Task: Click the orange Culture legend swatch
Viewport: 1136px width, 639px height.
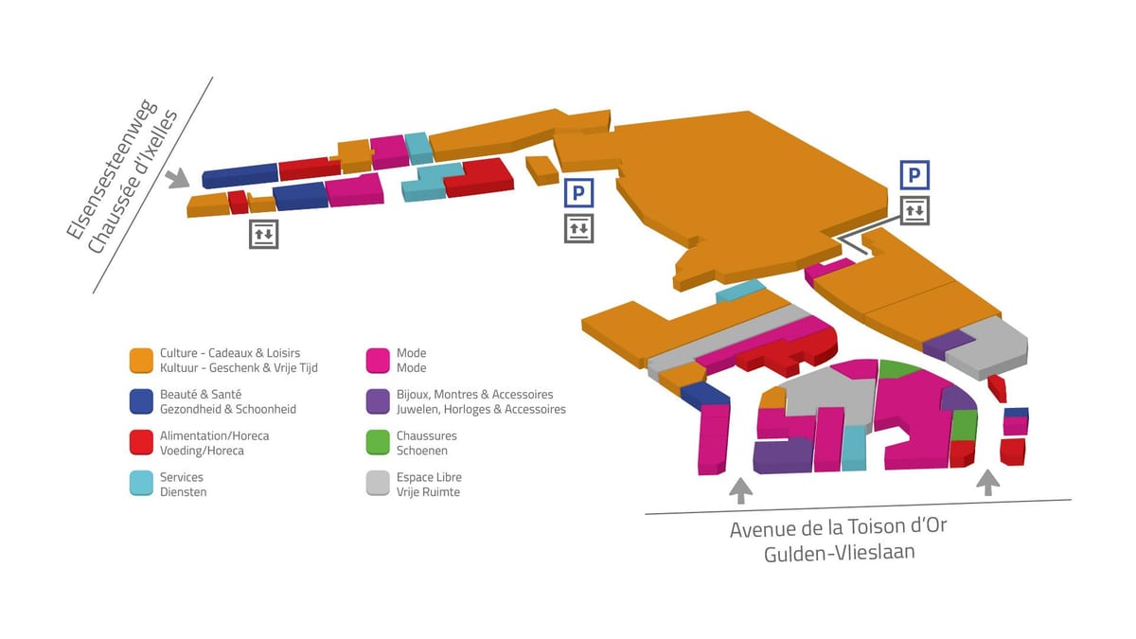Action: (x=141, y=361)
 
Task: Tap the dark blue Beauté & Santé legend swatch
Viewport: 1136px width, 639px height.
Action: (x=141, y=401)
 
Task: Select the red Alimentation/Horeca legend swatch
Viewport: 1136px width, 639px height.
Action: (x=141, y=443)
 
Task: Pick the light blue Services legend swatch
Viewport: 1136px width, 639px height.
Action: (x=141, y=484)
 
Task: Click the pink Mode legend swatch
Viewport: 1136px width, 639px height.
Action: (x=378, y=361)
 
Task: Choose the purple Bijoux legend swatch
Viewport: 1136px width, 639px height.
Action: (x=378, y=401)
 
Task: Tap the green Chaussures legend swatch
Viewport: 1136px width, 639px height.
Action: (x=378, y=443)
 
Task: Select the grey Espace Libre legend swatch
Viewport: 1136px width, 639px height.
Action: (x=378, y=484)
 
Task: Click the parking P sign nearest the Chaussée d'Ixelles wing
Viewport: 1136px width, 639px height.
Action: (x=578, y=193)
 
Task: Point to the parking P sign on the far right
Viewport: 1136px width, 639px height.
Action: (x=914, y=175)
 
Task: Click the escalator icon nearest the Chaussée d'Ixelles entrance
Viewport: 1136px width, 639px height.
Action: (x=264, y=235)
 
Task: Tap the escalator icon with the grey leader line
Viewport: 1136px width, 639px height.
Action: (x=914, y=210)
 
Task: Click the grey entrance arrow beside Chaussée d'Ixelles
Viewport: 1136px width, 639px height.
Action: (x=178, y=179)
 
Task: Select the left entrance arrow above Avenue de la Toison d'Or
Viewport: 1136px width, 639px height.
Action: (x=741, y=491)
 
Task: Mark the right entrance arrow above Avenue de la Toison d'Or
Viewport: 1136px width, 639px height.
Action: (x=988, y=483)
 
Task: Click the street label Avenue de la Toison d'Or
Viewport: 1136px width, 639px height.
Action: (x=839, y=527)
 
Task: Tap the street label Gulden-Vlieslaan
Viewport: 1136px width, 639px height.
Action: (x=840, y=552)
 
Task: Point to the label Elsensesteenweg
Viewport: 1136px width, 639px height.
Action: (x=112, y=169)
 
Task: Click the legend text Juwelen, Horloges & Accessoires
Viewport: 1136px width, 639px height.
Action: (x=481, y=409)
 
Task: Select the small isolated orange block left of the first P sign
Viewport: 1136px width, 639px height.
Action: (x=542, y=170)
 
